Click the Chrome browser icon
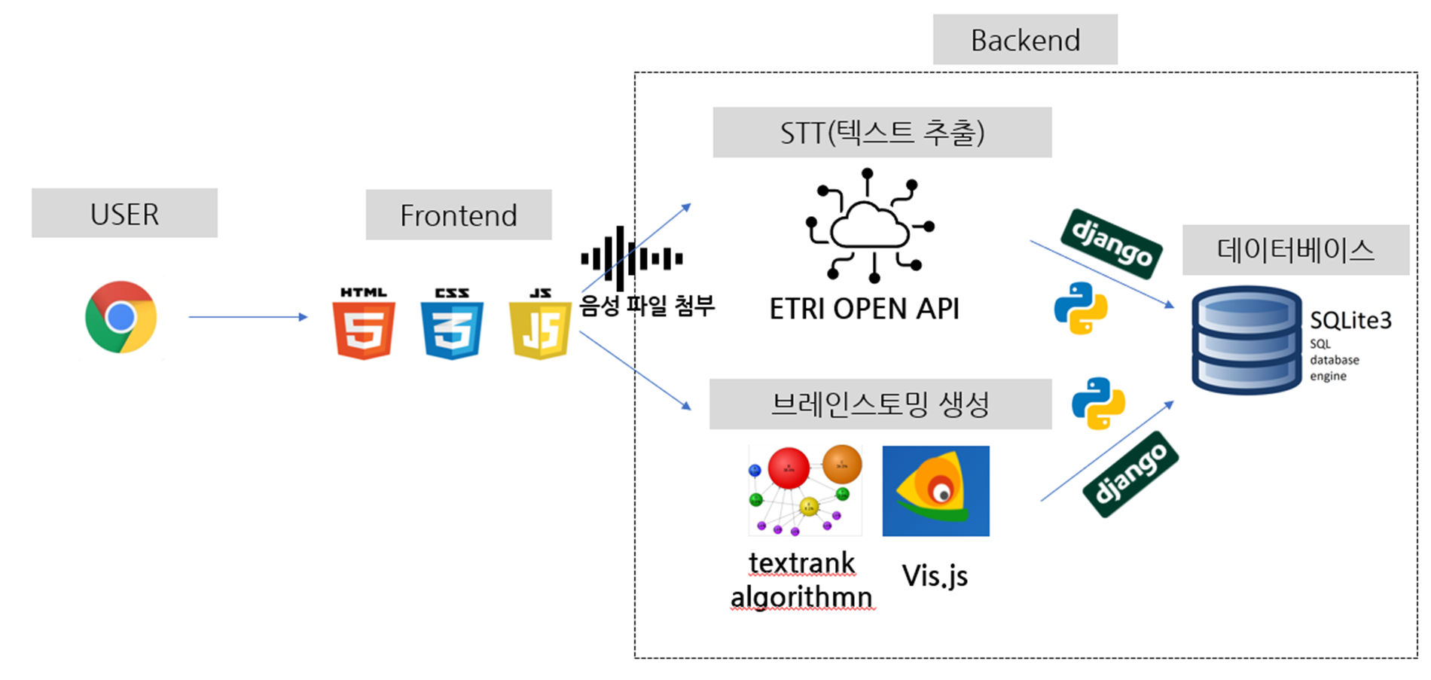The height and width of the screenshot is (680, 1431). click(x=121, y=317)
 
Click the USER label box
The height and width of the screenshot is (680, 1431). click(x=124, y=214)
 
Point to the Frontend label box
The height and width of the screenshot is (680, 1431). click(x=458, y=215)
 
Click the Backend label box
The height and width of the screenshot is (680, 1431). click(x=1024, y=40)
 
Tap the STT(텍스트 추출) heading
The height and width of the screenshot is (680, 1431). click(x=882, y=133)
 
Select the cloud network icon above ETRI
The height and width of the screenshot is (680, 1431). click(x=870, y=226)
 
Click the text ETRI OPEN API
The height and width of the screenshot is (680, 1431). click(x=864, y=309)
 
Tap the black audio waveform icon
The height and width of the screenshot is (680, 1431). click(x=631, y=259)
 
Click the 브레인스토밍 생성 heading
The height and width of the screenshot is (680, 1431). click(x=880, y=404)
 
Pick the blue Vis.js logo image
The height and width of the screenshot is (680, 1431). click(x=935, y=491)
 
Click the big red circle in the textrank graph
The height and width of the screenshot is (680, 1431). click(x=788, y=468)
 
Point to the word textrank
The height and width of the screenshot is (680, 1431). click(x=801, y=563)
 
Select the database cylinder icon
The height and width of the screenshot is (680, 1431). click(x=1246, y=340)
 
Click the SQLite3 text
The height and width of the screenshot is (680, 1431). click(x=1350, y=321)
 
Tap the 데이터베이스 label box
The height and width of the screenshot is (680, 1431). click(x=1295, y=250)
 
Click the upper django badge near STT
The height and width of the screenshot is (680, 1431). click(x=1111, y=243)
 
